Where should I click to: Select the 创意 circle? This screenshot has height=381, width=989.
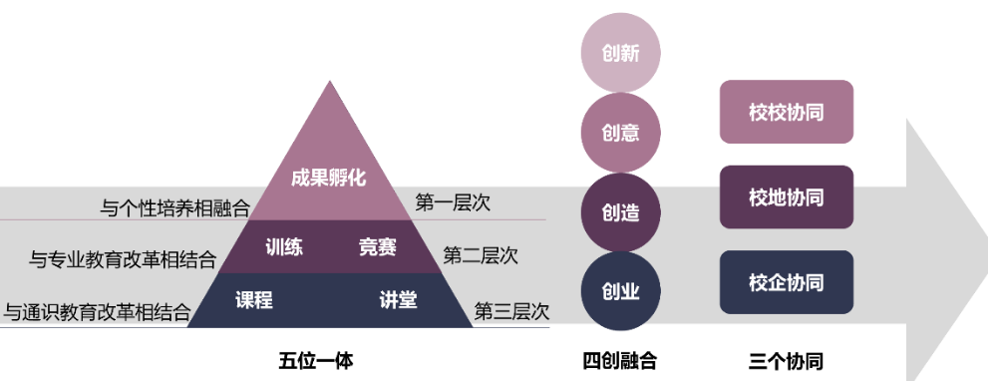coord(621,132)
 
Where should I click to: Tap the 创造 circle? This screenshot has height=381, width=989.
coord(621,211)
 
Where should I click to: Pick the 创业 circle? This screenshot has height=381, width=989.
coord(621,291)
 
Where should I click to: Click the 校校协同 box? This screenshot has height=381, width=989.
coord(787,112)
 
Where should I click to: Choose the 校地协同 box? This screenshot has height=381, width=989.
coord(787,197)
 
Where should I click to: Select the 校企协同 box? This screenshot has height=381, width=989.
coord(787,282)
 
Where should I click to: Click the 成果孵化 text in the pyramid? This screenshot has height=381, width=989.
coord(329,179)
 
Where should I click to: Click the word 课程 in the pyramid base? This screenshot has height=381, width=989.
coord(254,299)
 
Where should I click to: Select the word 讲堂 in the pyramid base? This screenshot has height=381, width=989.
coord(398,299)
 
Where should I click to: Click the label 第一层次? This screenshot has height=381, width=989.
coord(453,203)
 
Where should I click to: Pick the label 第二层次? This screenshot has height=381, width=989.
coord(481,255)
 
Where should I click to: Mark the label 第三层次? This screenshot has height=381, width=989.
coord(511,310)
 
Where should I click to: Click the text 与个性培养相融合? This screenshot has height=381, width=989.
coord(175,208)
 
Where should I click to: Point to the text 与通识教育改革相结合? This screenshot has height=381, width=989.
coord(98,312)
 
